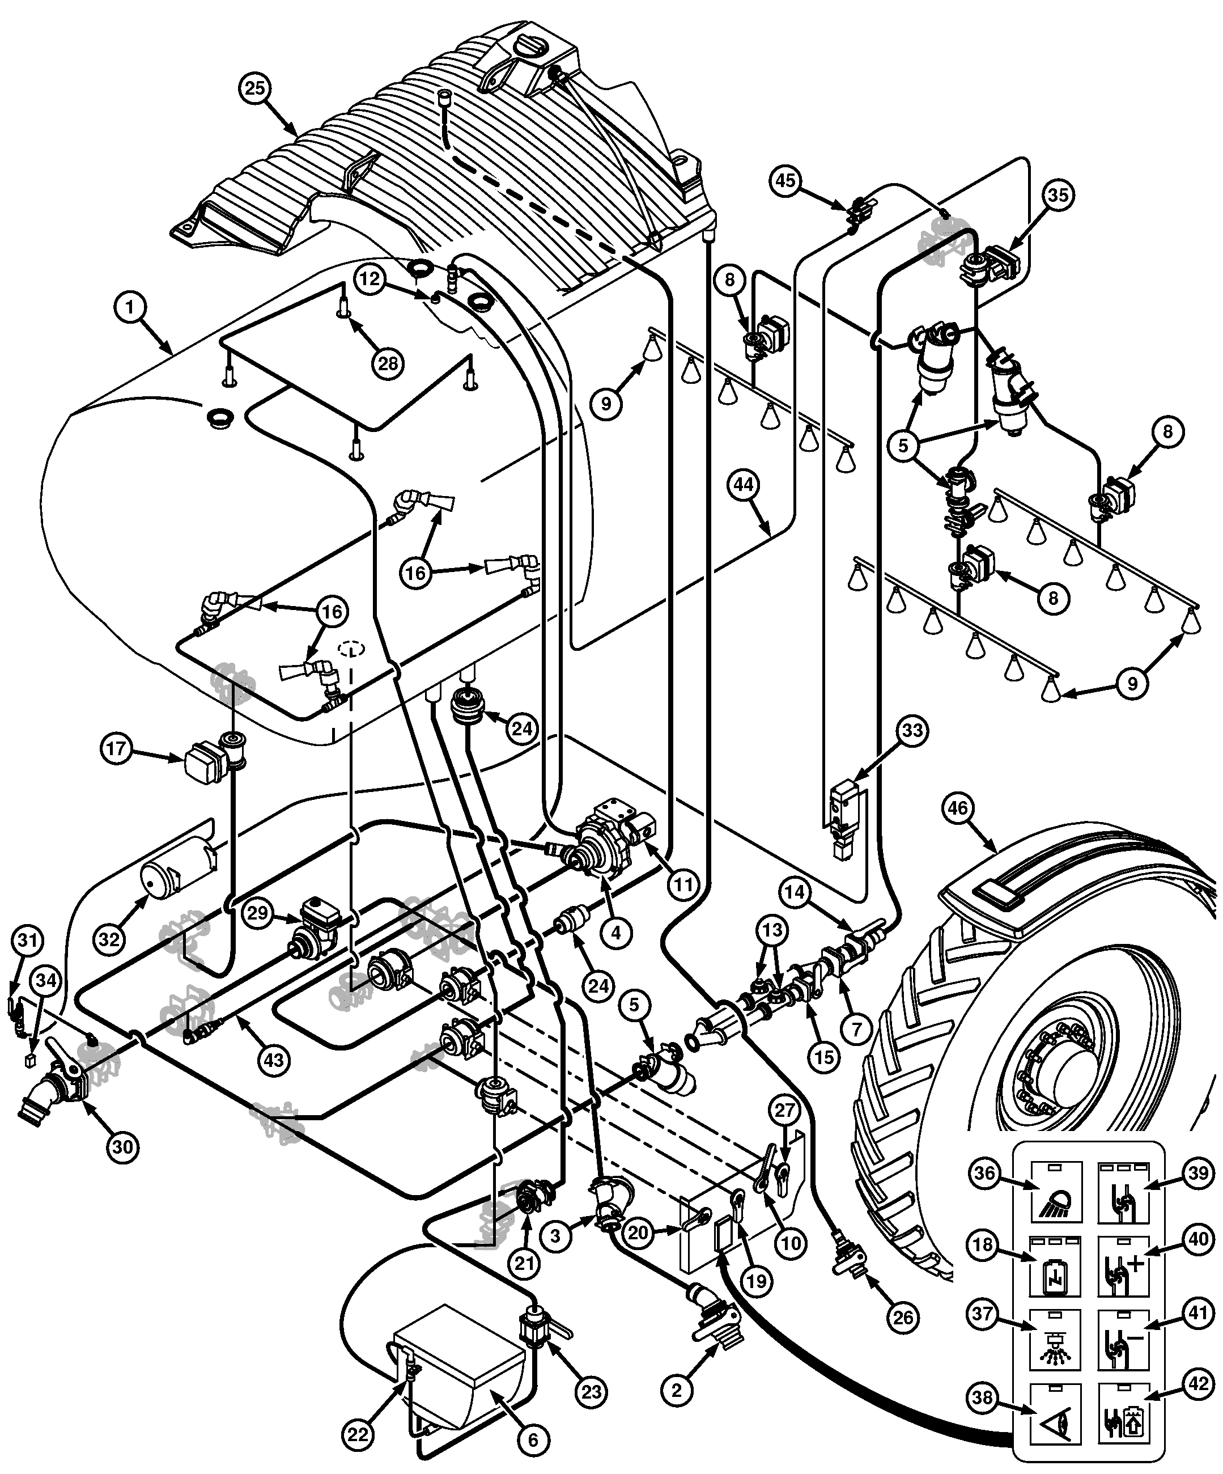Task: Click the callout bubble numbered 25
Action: coord(256,88)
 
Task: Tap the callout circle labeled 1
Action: coord(130,307)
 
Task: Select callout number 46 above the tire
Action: coord(957,808)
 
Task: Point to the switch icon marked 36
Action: coord(1056,1192)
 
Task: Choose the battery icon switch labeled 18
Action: coord(1056,1267)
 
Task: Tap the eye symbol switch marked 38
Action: coord(1056,1414)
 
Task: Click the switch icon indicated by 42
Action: coord(1123,1414)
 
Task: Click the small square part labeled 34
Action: coord(29,1060)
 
